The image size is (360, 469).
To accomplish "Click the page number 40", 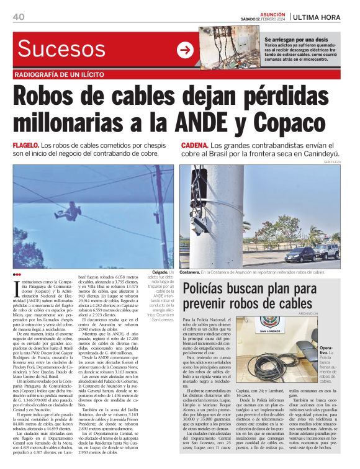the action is (18, 16).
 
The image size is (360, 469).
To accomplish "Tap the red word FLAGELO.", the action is (27, 145).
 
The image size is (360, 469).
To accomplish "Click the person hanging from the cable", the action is (73, 210).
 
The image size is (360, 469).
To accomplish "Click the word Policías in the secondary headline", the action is (214, 288).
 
